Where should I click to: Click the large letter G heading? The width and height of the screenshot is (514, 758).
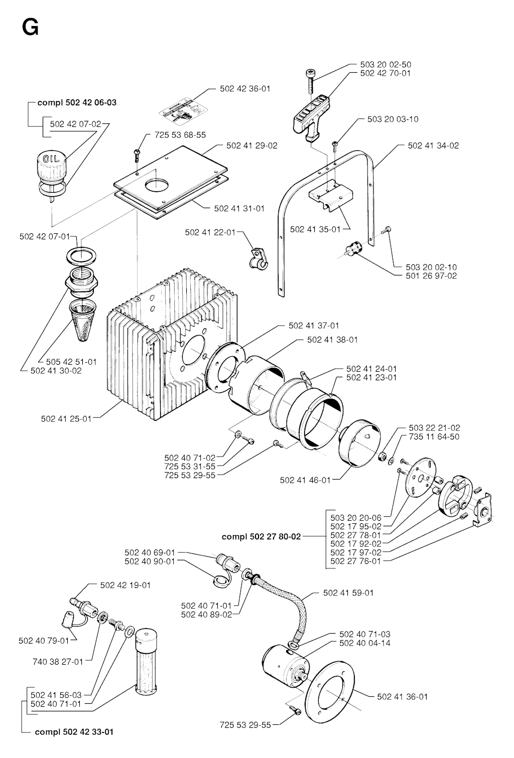click(x=30, y=28)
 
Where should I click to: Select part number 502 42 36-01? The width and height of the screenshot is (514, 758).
click(x=245, y=89)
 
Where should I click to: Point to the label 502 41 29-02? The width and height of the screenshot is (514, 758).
click(x=251, y=145)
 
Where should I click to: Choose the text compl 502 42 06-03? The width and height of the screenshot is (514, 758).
click(x=77, y=102)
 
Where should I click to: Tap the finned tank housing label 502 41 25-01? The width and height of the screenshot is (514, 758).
click(x=66, y=418)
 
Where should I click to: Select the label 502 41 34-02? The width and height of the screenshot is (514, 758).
click(x=433, y=145)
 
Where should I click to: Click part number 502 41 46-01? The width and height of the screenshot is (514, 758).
click(x=305, y=480)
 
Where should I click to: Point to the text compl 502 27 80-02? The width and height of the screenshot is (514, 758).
click(x=261, y=536)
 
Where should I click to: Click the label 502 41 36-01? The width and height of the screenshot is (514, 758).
click(x=403, y=696)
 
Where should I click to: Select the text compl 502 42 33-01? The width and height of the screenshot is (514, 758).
click(x=74, y=731)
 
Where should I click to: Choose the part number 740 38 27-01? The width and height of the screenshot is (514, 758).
click(x=58, y=661)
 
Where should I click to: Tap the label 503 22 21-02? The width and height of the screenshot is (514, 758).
click(x=434, y=428)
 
